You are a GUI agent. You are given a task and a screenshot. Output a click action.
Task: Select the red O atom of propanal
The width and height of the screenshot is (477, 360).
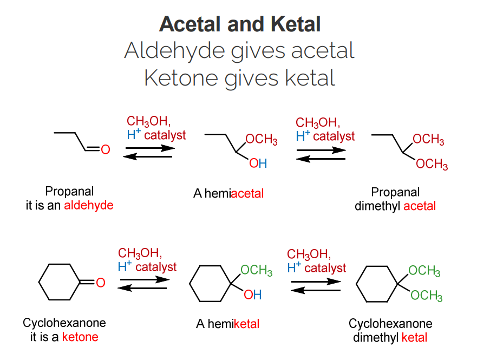pos(106,149)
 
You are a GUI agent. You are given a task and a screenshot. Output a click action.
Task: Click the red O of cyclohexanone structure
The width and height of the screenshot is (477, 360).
pos(100,282)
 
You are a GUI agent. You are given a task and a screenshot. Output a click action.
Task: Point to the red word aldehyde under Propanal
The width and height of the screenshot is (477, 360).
pos(89,206)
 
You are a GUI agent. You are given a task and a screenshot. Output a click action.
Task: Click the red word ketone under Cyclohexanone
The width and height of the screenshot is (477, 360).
pos(80,337)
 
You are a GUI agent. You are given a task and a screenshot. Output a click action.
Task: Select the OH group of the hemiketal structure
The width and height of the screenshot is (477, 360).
pos(252,295)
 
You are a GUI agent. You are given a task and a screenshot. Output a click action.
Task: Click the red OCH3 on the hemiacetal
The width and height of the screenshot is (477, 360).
pos(262,140)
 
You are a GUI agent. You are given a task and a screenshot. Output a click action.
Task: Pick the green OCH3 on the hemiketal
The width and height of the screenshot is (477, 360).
pos(256,270)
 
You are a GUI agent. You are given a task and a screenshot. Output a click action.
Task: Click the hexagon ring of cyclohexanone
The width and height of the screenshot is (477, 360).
pos(59,282)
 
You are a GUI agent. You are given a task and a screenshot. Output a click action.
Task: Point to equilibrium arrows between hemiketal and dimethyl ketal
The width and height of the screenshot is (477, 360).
pos(316,285)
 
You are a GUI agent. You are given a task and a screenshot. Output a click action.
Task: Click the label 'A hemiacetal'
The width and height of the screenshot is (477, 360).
pos(228,193)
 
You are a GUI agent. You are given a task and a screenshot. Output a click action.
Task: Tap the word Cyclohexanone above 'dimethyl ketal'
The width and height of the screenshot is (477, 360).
pos(390,324)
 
